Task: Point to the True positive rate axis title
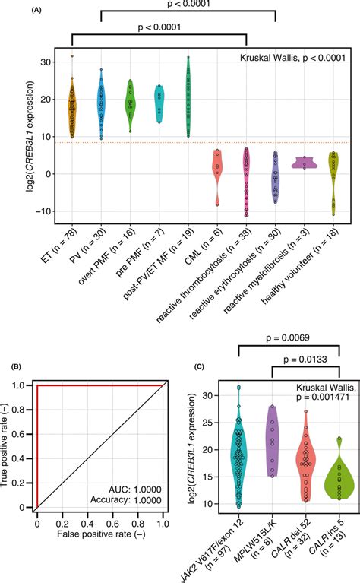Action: tap(9, 445)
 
